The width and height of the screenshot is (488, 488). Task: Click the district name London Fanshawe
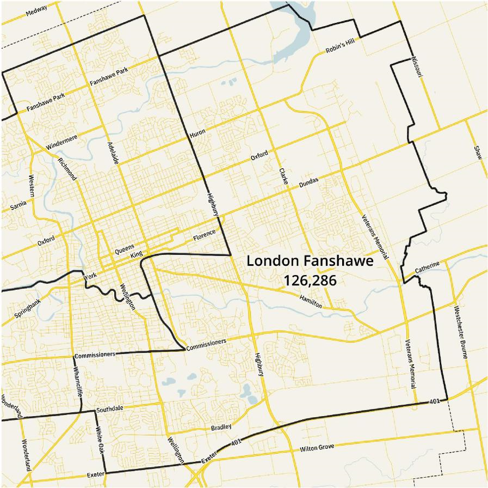pyautogui.click(x=310, y=261)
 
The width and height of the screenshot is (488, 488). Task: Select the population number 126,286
pyautogui.click(x=310, y=280)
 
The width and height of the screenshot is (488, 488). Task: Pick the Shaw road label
pyautogui.click(x=477, y=152)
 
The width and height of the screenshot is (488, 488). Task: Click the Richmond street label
pyautogui.click(x=67, y=169)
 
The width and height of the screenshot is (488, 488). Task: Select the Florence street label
pyautogui.click(x=204, y=236)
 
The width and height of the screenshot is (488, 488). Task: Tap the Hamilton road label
pyautogui.click(x=311, y=301)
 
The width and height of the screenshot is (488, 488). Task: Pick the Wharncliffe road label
pyautogui.click(x=76, y=380)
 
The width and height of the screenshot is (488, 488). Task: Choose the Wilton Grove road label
pyautogui.click(x=317, y=448)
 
